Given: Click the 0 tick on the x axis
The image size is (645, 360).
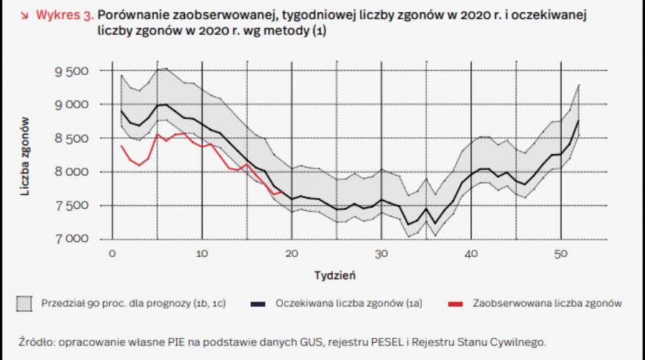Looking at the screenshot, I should point(112,253).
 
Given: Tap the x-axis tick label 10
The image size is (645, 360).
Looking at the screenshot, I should point(202,253).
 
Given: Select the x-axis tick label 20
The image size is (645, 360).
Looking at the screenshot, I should point(292,253).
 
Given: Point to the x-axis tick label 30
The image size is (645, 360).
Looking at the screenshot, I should point(382,253).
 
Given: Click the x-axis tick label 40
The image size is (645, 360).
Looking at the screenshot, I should point(472,253).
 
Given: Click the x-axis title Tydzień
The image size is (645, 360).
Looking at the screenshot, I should point(335,275).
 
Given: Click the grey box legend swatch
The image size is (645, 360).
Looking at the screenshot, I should point(25,303).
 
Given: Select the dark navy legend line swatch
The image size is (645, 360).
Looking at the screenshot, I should point(258,303).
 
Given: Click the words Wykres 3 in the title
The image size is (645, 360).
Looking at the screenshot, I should point(63,14).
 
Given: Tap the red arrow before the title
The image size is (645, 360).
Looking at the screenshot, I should point(24,14).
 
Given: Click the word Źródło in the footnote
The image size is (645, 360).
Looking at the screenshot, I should point(35,342).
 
